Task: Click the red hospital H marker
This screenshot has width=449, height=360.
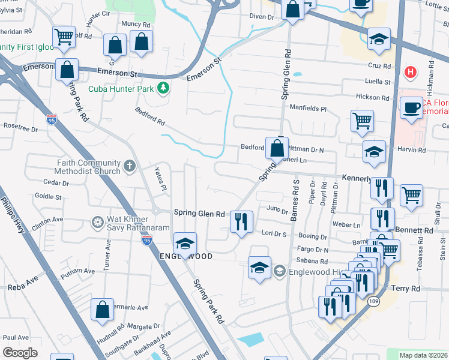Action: click(411, 73)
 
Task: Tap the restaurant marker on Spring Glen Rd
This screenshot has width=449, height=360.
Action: click(241, 221)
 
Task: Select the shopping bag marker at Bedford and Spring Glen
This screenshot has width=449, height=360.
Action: click(277, 148)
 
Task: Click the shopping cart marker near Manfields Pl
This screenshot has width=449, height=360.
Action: click(362, 121)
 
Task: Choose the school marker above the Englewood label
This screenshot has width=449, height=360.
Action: click(185, 243)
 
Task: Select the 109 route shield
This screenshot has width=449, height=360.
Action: click(374, 301)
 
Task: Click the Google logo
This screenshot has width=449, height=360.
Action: click(20, 353)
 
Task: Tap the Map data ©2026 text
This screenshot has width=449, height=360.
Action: click(423, 355)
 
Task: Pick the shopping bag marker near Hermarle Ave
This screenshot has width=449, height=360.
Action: click(102, 310)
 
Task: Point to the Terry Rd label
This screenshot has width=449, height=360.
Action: click(406, 289)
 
